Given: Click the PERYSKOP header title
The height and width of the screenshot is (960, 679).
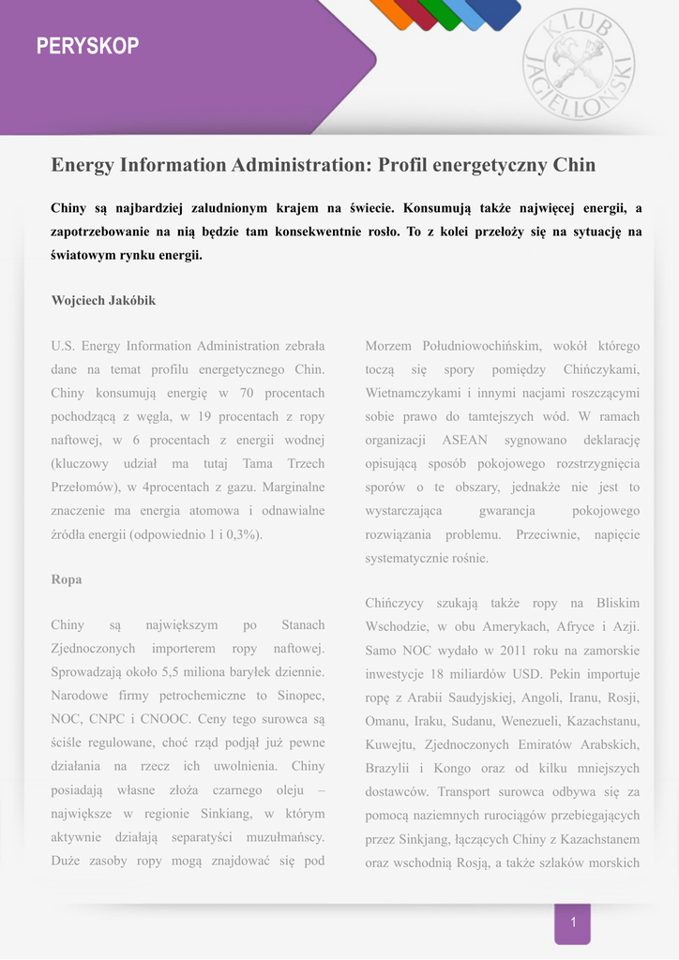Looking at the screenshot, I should click(87, 46).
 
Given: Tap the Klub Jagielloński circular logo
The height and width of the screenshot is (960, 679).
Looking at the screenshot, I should click(578, 64).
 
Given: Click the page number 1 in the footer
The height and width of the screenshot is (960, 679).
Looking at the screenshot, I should click(573, 922).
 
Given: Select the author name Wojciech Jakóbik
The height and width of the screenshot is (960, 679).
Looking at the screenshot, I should click(103, 301).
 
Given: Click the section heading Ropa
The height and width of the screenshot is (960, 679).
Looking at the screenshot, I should click(67, 579).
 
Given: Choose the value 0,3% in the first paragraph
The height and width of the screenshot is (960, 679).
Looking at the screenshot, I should click(243, 534).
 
